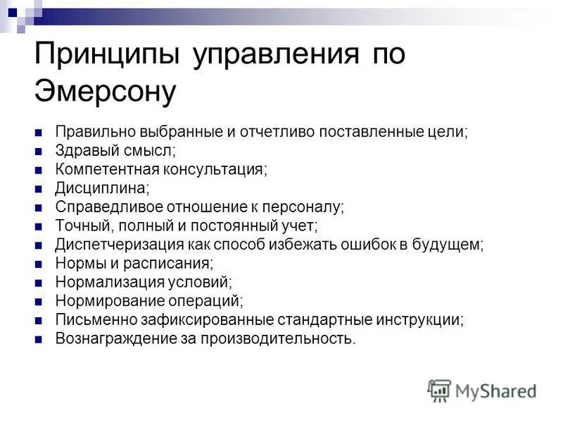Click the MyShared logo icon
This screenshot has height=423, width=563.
pyautogui.click(x=439, y=390)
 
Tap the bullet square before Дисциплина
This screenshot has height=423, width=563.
pyautogui.click(x=39, y=189)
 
